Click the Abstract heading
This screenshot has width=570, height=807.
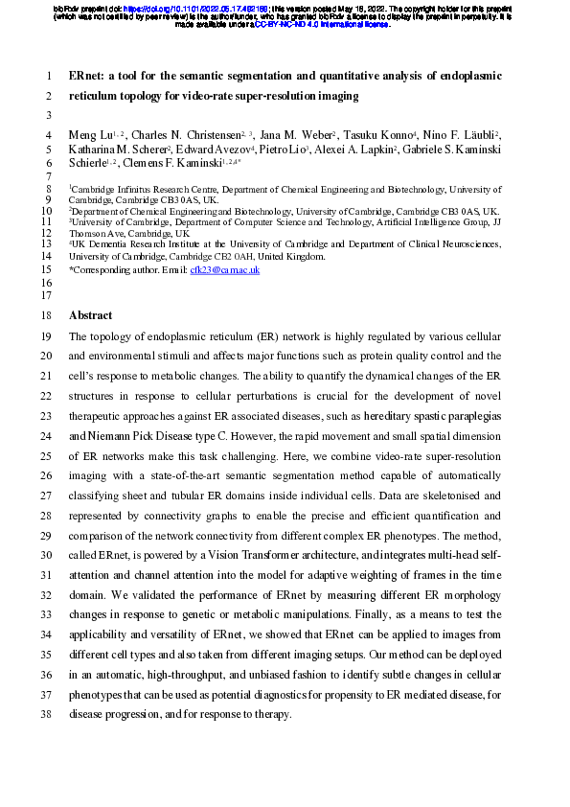90,315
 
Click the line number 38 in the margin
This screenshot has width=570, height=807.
50,716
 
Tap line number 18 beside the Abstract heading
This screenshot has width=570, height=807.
50,315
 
